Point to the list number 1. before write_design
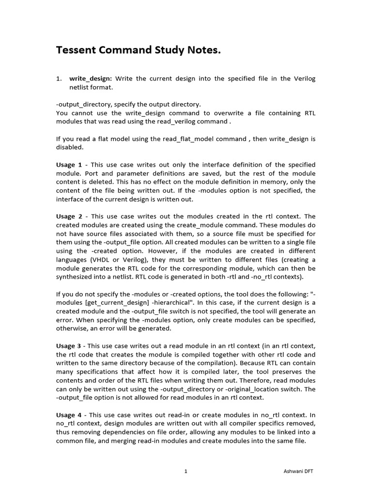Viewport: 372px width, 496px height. point(59,78)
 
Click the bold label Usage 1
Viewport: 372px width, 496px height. point(69,165)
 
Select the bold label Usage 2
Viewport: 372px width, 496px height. point(69,217)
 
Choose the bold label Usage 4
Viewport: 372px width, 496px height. point(69,415)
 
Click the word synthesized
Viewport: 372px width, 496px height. point(77,277)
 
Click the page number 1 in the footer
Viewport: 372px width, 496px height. point(186,470)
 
